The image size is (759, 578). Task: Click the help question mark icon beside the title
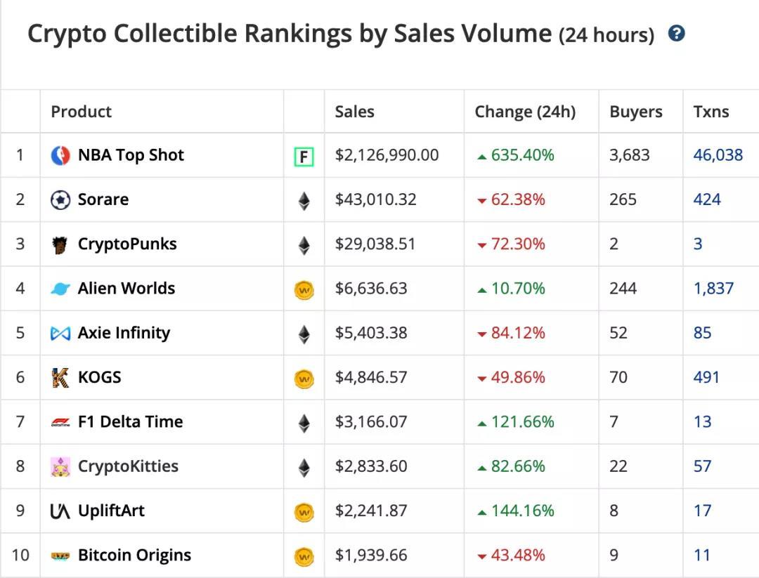[676, 33]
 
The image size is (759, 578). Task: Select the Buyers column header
[635, 112]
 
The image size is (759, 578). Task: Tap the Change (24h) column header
[524, 112]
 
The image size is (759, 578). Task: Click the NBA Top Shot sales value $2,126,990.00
[387, 155]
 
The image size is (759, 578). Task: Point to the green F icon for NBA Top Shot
[304, 157]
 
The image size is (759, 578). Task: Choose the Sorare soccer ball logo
[60, 200]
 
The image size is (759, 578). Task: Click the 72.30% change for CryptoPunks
[518, 244]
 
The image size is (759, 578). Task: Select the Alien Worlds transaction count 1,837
[713, 289]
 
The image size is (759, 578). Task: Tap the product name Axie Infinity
[124, 333]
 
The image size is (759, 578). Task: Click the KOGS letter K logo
[60, 378]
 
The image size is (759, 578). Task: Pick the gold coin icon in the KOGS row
[304, 379]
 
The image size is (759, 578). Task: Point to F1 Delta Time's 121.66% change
[522, 422]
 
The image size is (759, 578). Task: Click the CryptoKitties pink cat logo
[60, 467]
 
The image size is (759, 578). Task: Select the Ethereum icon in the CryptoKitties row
[304, 468]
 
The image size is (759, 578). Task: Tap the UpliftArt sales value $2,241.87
[370, 511]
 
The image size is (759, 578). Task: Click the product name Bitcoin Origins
[134, 556]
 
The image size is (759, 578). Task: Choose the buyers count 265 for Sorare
[623, 200]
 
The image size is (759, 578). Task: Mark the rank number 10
[20, 556]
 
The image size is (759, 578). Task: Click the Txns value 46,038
[718, 155]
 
